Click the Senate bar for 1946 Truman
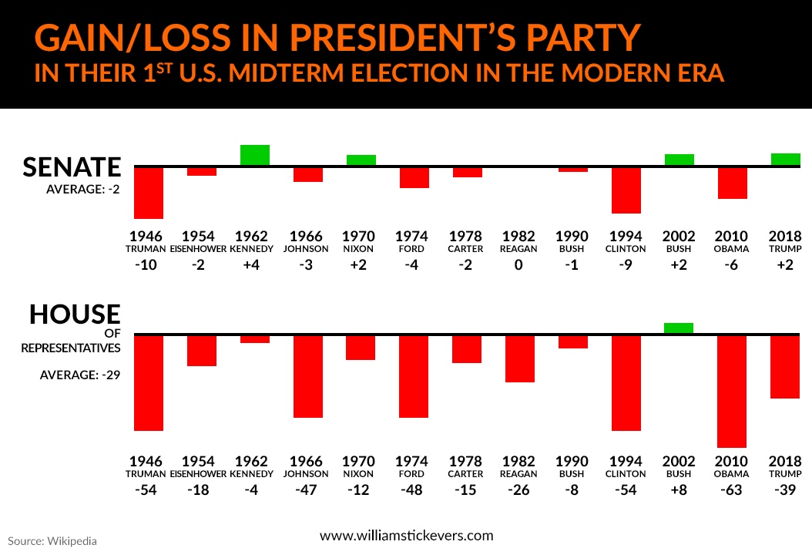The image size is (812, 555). click(x=149, y=193)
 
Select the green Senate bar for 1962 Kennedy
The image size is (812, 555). click(x=255, y=155)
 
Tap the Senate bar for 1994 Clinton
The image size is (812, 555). click(x=626, y=190)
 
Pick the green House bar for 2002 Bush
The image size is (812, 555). click(x=679, y=328)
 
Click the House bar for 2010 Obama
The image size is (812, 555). click(x=732, y=391)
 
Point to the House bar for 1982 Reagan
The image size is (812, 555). click(x=520, y=358)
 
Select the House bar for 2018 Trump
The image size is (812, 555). click(x=785, y=367)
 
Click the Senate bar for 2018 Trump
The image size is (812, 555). click(x=785, y=160)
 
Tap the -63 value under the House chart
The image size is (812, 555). click(x=731, y=490)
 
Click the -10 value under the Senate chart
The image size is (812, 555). click(x=149, y=265)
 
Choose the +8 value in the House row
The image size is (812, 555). click(x=679, y=490)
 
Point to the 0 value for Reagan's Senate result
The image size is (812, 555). click(x=519, y=265)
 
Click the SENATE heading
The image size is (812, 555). click(x=72, y=167)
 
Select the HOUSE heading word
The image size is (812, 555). click(x=75, y=314)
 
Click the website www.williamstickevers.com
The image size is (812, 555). click(x=406, y=535)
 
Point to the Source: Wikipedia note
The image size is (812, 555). click(x=52, y=540)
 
